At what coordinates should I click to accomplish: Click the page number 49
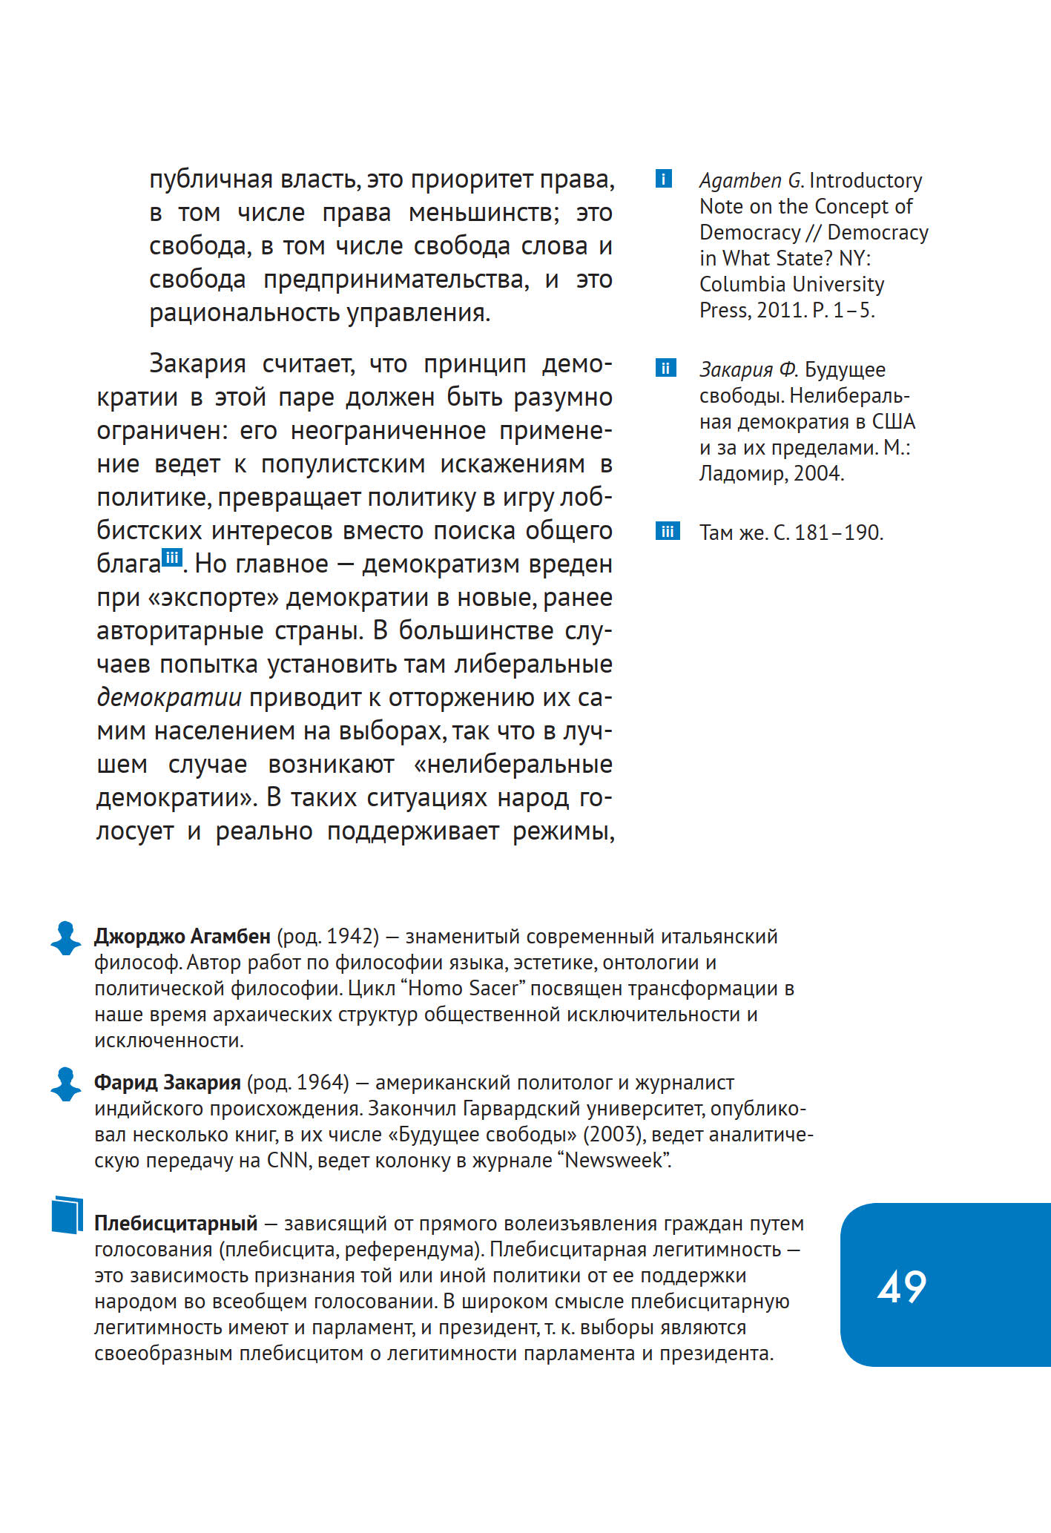(x=902, y=1286)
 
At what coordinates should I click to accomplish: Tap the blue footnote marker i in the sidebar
(x=664, y=179)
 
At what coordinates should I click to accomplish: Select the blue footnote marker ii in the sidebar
(x=665, y=368)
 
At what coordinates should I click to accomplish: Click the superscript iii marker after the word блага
(x=172, y=558)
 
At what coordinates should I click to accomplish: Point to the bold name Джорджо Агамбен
(x=182, y=936)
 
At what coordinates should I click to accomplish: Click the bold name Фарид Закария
(x=167, y=1082)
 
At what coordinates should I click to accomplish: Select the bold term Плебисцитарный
(x=176, y=1223)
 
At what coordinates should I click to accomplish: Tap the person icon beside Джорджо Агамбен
(x=66, y=937)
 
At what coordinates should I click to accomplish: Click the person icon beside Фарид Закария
(x=66, y=1084)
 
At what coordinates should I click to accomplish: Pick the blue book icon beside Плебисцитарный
(x=67, y=1215)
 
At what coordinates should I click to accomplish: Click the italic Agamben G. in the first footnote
(x=751, y=180)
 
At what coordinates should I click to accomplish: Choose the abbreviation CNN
(x=287, y=1160)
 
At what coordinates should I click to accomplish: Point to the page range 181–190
(x=838, y=533)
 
